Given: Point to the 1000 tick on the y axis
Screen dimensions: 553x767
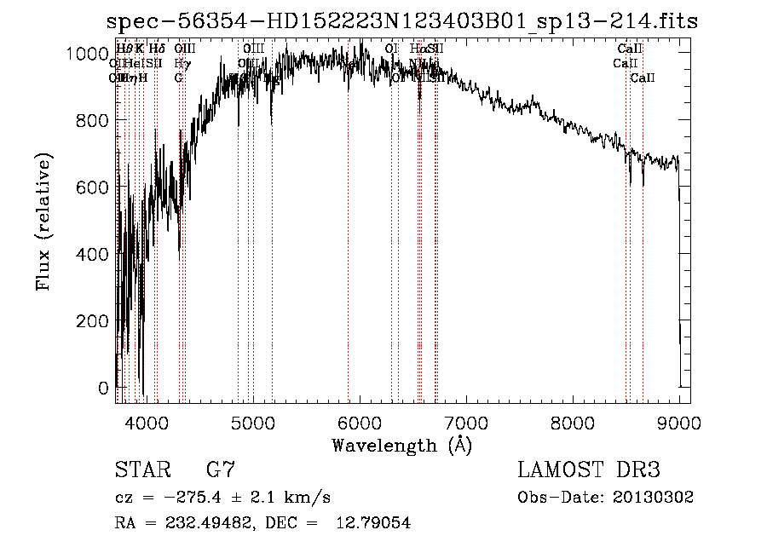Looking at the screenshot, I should coord(89,54).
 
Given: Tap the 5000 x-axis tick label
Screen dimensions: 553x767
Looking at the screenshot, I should coord(253,421).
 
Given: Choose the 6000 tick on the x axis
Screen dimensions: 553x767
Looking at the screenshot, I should coord(360,421).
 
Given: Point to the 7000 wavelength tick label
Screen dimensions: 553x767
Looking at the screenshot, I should coord(466,421).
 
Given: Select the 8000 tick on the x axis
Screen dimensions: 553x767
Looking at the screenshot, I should coord(573,421).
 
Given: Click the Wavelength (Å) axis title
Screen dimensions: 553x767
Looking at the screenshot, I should coord(401,445).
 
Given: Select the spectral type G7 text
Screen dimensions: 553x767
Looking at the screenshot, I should coord(220,470).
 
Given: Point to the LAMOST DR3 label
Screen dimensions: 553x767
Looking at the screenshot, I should coord(589,470).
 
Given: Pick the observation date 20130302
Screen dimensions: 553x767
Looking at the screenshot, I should coord(653,498).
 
